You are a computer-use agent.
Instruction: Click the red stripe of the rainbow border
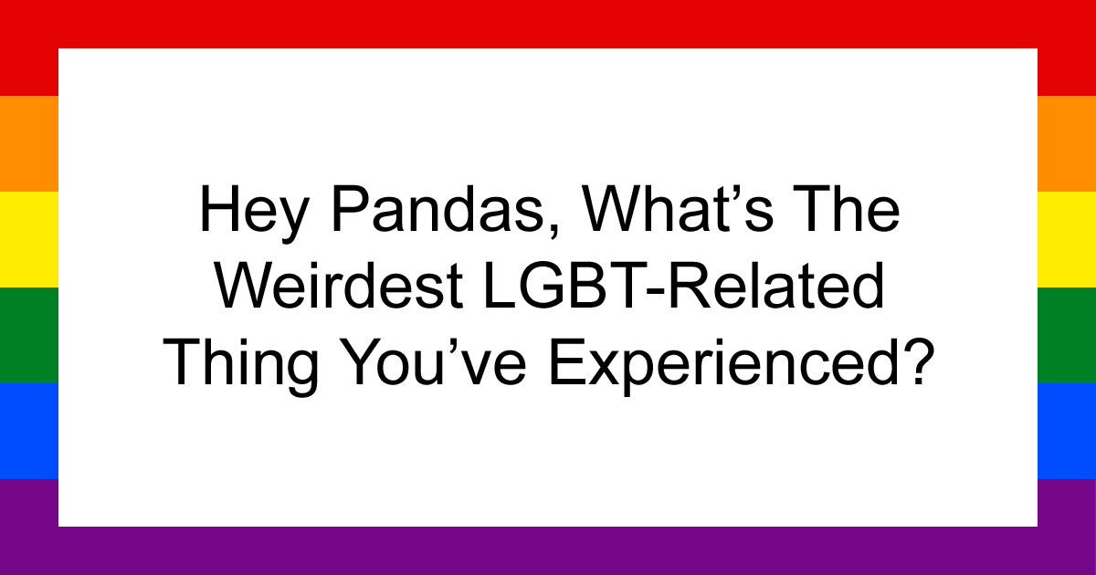(548, 23)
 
